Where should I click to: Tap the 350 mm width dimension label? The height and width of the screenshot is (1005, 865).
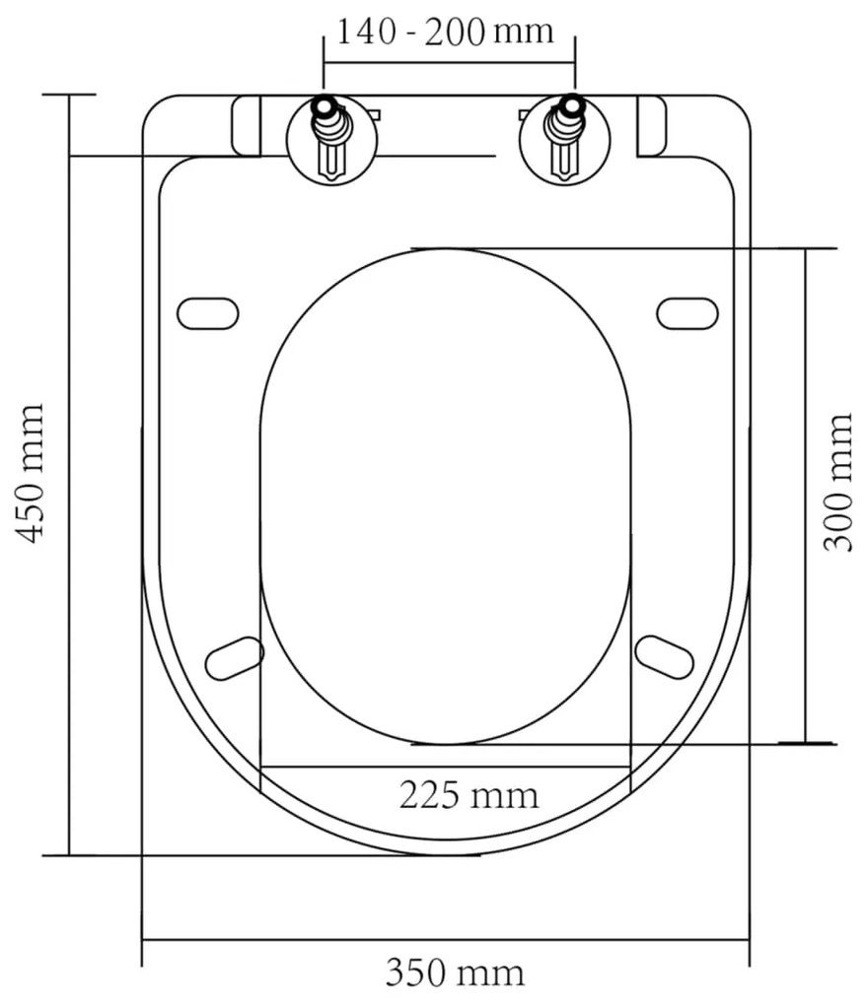[x=454, y=973]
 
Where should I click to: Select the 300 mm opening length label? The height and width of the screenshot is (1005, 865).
[x=838, y=482]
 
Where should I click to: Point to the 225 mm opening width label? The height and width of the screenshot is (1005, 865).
[x=469, y=794]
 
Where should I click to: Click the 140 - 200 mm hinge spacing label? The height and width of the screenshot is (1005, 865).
[x=445, y=32]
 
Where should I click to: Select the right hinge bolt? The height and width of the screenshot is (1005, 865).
[x=566, y=138]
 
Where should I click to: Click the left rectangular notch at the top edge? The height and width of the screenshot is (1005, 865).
[x=247, y=125]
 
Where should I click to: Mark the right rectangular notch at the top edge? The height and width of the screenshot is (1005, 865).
[x=651, y=125]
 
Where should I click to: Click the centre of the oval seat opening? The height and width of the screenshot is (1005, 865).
[x=446, y=496]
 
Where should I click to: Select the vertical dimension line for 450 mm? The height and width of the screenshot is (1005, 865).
[x=69, y=473]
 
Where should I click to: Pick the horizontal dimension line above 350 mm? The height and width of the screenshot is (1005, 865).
[x=446, y=940]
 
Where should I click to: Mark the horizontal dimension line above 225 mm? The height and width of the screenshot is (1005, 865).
[x=446, y=766]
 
